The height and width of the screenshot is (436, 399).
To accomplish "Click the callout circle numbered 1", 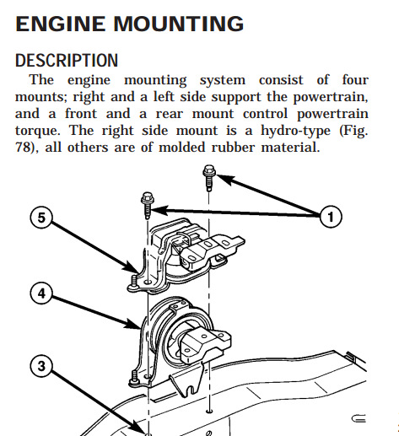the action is pos(331,217).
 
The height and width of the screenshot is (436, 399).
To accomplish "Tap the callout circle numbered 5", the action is pos(41,218).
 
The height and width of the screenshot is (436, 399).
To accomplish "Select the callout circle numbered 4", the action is pos(41,293).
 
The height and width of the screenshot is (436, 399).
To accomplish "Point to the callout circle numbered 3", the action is pos(41,366).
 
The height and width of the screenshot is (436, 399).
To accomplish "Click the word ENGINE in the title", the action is pos(61,24).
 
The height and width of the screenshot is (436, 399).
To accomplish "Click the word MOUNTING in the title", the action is pos(179,24).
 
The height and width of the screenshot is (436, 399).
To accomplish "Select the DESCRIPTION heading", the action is pos(67,61).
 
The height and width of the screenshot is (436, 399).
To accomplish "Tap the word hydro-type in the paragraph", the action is pos(295,132).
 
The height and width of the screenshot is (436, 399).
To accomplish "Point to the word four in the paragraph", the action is pos(355,80).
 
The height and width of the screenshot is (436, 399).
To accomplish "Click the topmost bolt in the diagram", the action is pos(209,177).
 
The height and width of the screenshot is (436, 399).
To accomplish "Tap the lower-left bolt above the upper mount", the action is pos(148,205).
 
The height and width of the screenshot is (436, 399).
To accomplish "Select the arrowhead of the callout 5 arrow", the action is pos(132,266).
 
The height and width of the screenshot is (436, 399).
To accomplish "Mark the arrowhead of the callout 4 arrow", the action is pos(132,324).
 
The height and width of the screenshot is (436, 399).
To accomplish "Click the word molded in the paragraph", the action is pos(181,148).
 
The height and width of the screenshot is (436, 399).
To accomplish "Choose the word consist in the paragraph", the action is pos(281,80).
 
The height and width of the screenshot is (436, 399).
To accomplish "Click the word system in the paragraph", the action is pos(223,81).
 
